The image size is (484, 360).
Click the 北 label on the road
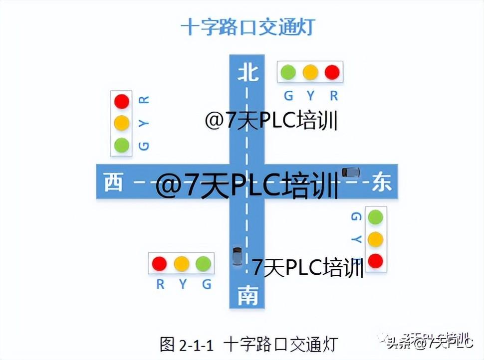248,73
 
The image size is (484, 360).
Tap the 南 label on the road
247,296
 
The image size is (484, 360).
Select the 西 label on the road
113,182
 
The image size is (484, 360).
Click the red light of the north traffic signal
332,72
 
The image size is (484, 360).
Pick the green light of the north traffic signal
288,72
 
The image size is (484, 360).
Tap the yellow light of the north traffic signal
310,72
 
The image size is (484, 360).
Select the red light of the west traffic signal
121,101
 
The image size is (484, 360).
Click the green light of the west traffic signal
121,145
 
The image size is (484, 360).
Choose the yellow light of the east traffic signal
375,239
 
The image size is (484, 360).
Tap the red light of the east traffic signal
375,261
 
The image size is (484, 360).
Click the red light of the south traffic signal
159,263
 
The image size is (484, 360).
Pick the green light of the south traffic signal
203,263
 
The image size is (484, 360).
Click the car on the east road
350,172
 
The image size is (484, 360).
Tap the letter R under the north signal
334,96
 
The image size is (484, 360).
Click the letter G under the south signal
207,284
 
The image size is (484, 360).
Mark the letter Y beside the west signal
144,123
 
